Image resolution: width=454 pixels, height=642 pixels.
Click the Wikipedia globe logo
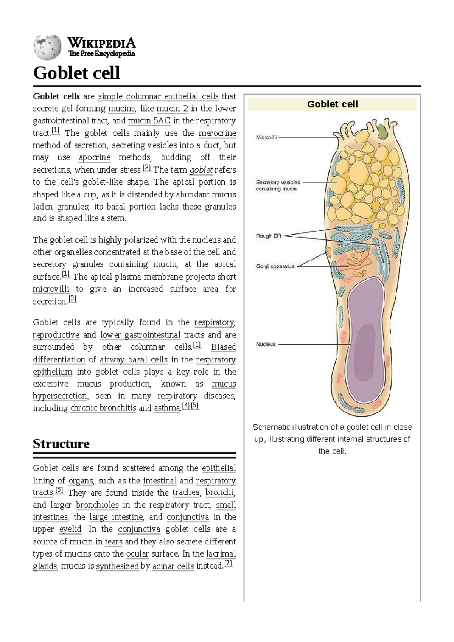point(47,47)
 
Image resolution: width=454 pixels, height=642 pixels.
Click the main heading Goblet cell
point(77,73)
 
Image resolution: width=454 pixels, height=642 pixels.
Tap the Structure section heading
point(61,443)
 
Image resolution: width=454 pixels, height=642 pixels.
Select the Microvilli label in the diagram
point(266,137)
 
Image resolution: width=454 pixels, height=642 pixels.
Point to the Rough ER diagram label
point(269,236)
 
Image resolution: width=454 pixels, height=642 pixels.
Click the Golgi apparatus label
point(275,266)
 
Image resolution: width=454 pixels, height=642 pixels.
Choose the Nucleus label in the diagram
point(266,344)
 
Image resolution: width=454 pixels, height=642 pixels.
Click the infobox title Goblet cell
point(332,104)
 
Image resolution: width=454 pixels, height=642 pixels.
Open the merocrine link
point(217,133)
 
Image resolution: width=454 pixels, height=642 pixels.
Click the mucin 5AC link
point(149,121)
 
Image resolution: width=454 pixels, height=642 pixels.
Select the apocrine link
point(95,157)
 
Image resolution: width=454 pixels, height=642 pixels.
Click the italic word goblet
point(201,170)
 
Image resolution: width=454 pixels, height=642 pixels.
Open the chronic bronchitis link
point(103,408)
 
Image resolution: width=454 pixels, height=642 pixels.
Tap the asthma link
point(167,408)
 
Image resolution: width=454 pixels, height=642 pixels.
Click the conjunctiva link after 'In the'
point(139,529)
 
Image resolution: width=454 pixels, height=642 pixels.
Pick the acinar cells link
point(173,566)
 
